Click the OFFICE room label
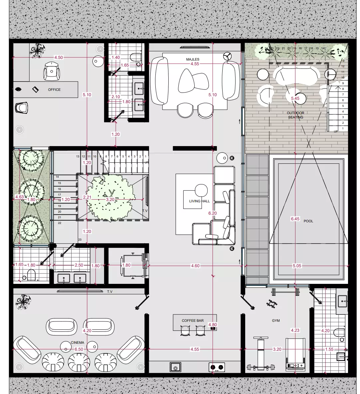coord(54,90)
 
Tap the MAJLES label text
coord(193,59)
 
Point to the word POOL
coord(308,221)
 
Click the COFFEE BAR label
coord(193,321)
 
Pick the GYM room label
coord(276,321)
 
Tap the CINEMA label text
coord(78,342)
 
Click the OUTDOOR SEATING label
coord(295,115)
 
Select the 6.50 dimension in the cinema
coord(79,349)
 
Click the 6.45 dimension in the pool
coord(295,219)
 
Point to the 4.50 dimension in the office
coord(58,58)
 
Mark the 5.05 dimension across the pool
coord(297,266)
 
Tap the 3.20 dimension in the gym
coord(277,349)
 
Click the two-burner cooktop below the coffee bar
coord(217,367)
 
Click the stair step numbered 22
coord(60,223)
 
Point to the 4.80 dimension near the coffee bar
coord(212,325)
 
